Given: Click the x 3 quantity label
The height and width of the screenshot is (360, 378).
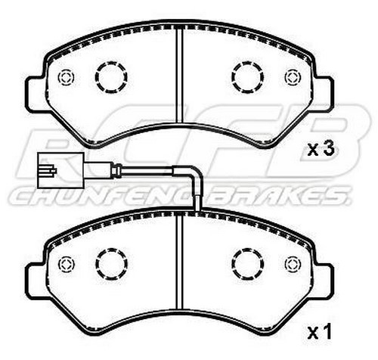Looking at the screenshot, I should point(321,149).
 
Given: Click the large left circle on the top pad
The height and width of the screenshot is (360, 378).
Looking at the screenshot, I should point(110,76).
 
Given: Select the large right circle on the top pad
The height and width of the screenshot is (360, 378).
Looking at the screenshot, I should point(246,76).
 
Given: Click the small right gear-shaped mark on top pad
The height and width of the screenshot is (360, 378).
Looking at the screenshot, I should point(292,76).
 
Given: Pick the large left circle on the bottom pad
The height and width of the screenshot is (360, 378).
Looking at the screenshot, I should point(110,262).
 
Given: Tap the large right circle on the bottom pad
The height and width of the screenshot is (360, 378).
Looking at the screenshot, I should point(246,262).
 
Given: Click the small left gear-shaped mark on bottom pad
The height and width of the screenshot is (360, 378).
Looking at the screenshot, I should point(65,262).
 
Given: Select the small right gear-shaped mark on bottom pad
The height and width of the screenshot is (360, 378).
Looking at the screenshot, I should point(292,262).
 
